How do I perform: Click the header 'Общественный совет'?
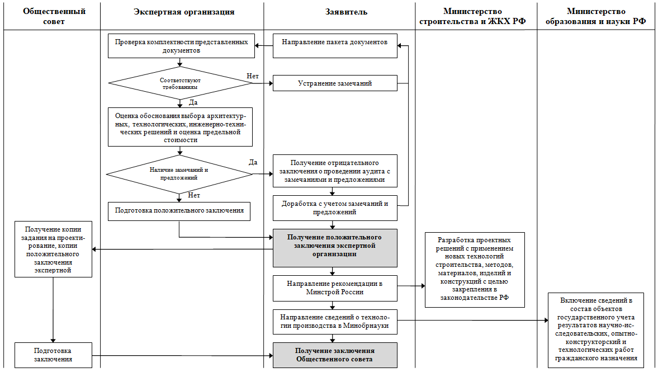click(54, 16)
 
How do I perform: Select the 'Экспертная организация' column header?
click(184, 12)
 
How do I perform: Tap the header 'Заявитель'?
click(346, 12)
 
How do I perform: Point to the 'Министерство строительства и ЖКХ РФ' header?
click(472, 16)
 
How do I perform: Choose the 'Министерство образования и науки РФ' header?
click(596, 16)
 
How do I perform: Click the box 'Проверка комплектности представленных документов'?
click(181, 46)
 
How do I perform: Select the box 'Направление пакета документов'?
click(335, 46)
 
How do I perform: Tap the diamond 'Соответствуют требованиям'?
click(181, 83)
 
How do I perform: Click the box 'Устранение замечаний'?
click(335, 83)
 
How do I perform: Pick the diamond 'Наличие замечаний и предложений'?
click(179, 174)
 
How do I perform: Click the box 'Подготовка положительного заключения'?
click(179, 211)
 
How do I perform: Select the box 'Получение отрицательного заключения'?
click(335, 171)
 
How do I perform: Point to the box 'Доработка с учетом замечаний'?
click(335, 208)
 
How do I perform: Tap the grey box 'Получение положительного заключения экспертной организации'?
click(335, 248)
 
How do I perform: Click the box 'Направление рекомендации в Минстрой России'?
click(335, 288)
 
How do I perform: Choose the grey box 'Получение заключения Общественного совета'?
click(335, 355)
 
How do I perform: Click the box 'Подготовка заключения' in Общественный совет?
click(53, 355)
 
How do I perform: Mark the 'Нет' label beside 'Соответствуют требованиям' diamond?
click(253, 76)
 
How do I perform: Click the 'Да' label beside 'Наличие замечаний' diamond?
click(253, 162)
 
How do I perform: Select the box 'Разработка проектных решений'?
click(475, 270)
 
